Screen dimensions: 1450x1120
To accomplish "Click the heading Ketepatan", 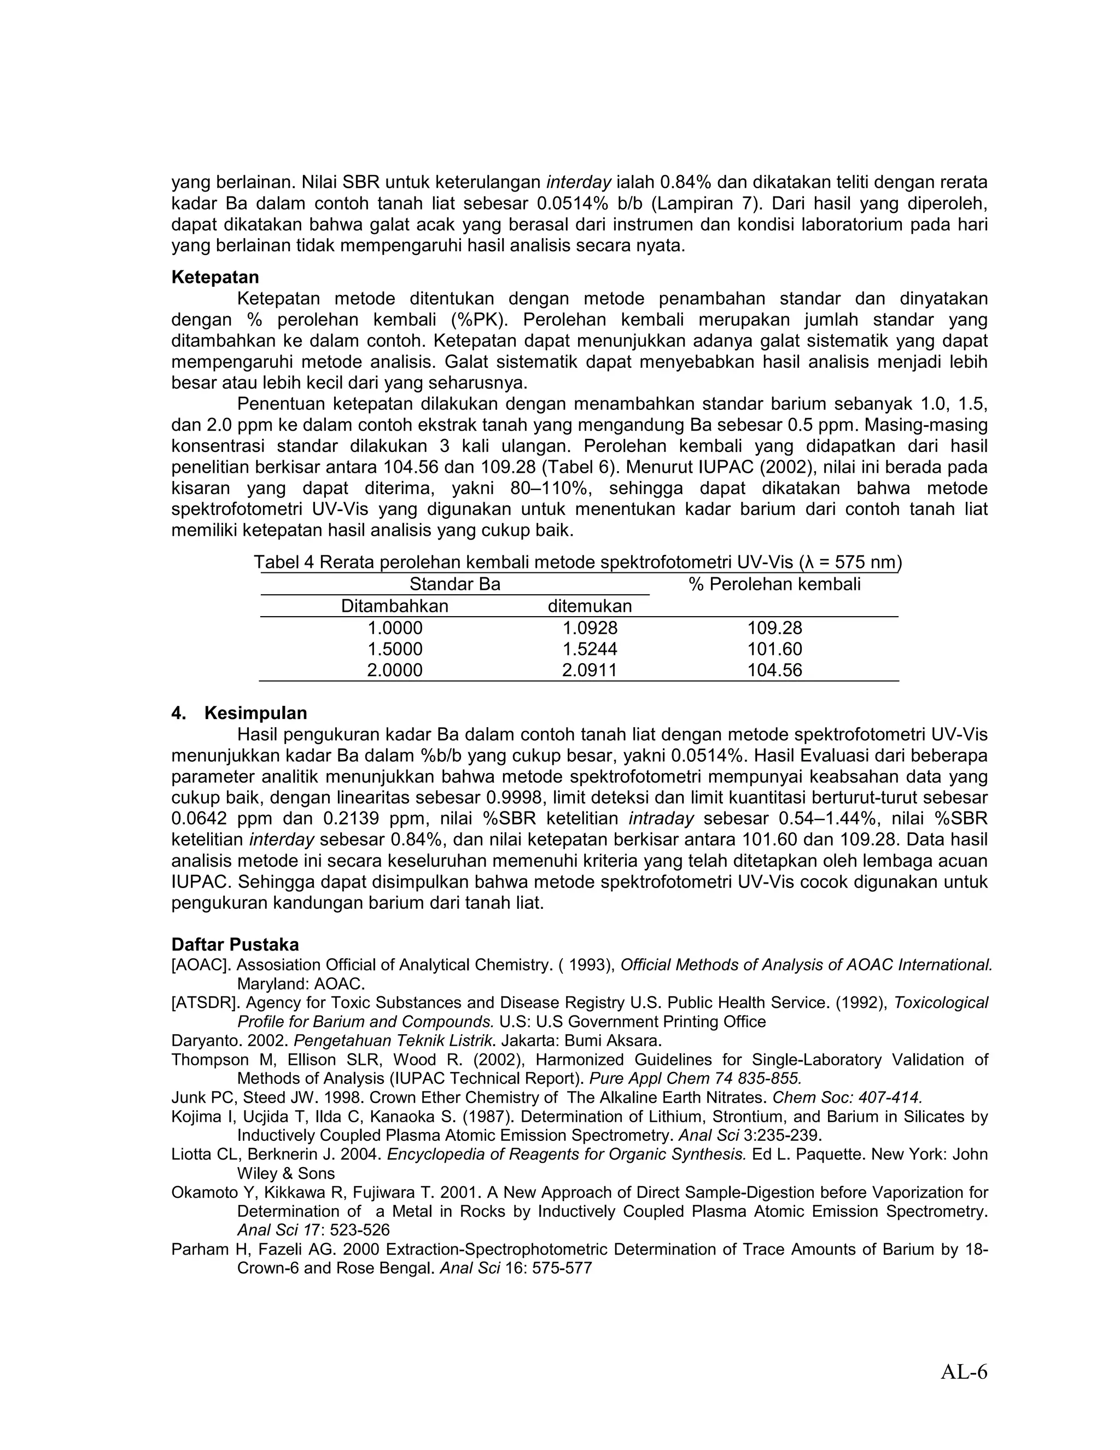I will pos(215,277).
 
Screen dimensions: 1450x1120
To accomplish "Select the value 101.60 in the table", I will pos(774,648).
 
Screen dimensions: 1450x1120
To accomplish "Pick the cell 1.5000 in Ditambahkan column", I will pos(395,648).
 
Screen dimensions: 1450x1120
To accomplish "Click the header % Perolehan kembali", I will pos(774,584).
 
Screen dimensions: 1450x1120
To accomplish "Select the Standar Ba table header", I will pos(454,584).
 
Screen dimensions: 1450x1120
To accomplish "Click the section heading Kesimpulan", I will pos(255,713).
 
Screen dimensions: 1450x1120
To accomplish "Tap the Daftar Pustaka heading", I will pos(235,944).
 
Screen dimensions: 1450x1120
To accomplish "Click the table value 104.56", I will pos(774,670).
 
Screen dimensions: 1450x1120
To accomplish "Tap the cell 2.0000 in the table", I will pos(395,670).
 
